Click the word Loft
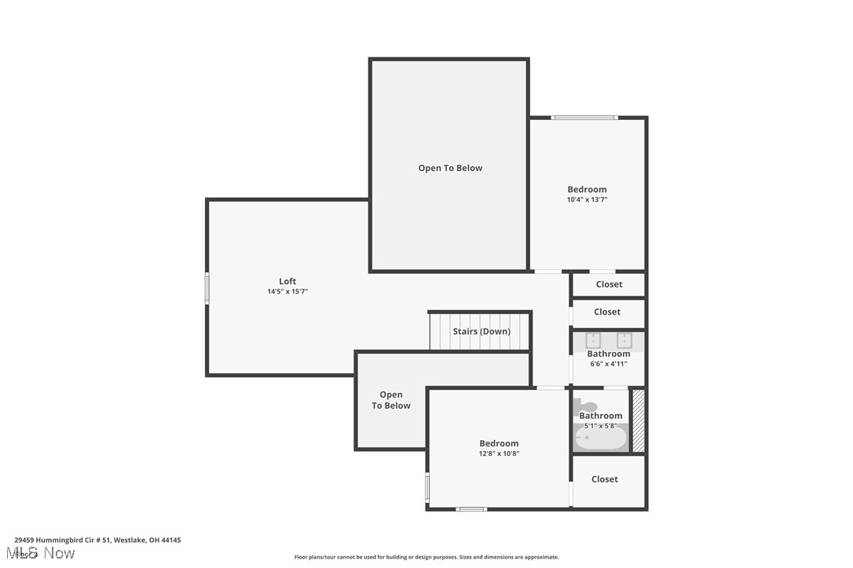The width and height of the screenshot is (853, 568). pos(287,282)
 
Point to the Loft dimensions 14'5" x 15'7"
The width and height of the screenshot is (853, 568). pos(287,292)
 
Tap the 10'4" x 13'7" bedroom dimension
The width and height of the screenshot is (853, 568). pos(587,200)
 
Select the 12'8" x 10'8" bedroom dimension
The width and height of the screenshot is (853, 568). pos(499,453)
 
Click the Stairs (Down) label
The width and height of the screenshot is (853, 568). pos(481,331)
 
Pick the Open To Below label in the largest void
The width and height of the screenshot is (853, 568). pos(450,168)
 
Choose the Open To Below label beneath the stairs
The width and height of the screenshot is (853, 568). pos(391,400)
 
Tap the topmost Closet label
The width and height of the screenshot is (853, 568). pos(609,284)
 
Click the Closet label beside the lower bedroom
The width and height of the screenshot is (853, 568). pos(604,479)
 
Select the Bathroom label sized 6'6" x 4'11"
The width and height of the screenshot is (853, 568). pos(609,354)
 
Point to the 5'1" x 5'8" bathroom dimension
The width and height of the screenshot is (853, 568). pos(601,426)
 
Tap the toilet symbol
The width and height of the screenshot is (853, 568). pos(580,406)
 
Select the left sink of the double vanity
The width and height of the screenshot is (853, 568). pos(593,340)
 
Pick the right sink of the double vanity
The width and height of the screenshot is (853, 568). pos(624,340)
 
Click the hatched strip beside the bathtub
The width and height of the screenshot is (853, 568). pos(639,421)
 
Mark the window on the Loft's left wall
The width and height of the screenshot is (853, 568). pos(207,288)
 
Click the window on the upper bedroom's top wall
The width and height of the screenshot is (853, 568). pos(584,118)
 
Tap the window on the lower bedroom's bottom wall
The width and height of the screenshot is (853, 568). pos(471,509)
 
